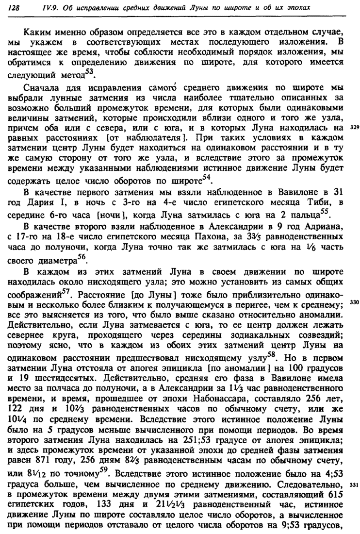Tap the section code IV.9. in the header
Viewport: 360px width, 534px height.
37,8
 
